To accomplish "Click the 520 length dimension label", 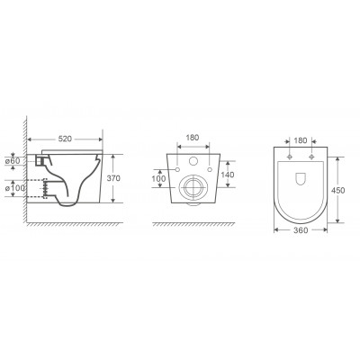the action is (x=65, y=139).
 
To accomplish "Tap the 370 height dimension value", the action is (x=113, y=178).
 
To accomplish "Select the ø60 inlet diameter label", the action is (x=13, y=161).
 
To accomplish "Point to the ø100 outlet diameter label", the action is (x=15, y=188).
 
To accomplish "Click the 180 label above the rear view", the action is (x=193, y=138).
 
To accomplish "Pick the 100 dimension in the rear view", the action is (x=158, y=179).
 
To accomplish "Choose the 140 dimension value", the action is (x=228, y=175).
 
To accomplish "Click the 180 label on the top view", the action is (x=301, y=140).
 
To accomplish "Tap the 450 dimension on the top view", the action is (x=338, y=190).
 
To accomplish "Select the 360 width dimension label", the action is (x=301, y=230).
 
